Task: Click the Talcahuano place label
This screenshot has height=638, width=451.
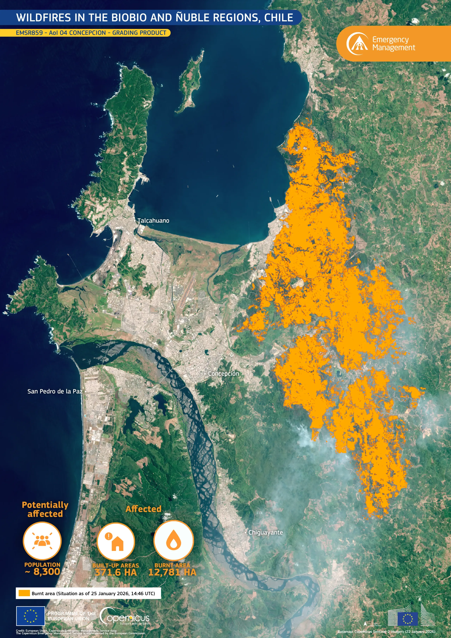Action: point(153,221)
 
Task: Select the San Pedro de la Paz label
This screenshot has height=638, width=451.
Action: point(55,391)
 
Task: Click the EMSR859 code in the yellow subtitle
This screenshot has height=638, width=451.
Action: point(29,33)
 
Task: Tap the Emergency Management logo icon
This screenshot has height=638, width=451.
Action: point(357,44)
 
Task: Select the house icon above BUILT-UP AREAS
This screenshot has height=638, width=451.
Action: point(116,541)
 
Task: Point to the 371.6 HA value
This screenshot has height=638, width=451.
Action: point(116,572)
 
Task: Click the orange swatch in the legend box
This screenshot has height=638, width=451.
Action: point(24,593)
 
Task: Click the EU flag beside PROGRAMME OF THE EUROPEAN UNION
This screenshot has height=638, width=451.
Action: point(30,616)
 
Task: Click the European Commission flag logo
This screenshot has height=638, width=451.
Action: point(407,619)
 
